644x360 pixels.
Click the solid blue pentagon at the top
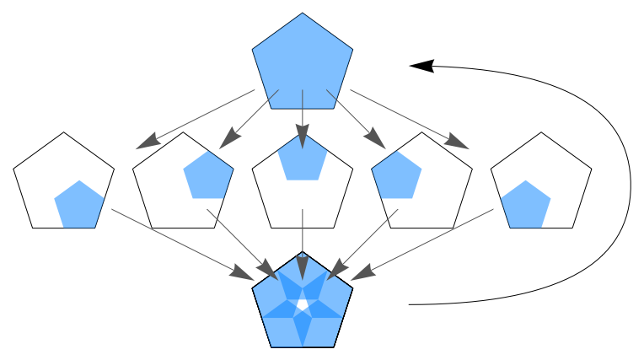302,64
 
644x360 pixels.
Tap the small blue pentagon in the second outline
208,176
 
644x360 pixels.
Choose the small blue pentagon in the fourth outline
397,176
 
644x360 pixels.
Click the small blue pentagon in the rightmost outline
525,205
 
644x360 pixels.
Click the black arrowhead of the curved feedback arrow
421,65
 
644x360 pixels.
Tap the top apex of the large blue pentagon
302,13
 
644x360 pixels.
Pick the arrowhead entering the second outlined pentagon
228,140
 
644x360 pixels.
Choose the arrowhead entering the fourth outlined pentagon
377,140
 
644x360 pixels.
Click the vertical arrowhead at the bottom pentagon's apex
303,269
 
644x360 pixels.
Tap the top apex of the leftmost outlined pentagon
64,132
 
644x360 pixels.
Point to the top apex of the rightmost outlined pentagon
541,132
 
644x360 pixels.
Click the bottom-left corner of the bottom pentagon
271,347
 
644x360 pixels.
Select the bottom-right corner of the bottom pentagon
334,347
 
